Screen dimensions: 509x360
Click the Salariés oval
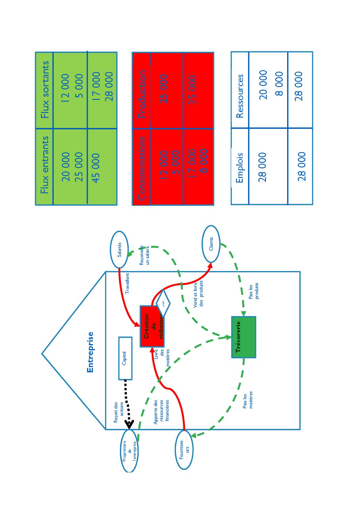click(119, 250)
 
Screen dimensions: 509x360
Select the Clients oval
click(211, 244)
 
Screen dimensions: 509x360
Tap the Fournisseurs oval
click(184, 450)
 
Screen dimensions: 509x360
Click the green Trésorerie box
click(244, 337)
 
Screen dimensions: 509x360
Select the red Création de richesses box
click(152, 326)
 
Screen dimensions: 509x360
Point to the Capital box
click(125, 358)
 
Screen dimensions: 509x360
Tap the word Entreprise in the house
click(91, 352)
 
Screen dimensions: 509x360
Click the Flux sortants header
click(45, 90)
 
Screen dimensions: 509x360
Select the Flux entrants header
click(45, 165)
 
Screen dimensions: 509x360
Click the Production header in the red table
click(142, 94)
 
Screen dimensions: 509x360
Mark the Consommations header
click(141, 168)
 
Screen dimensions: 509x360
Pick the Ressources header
click(240, 96)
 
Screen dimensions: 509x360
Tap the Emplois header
click(240, 168)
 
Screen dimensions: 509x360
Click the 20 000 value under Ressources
click(263, 85)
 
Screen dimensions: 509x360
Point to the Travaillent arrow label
click(127, 283)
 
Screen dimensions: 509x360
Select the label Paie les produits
click(253, 291)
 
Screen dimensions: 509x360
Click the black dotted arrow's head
click(129, 424)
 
